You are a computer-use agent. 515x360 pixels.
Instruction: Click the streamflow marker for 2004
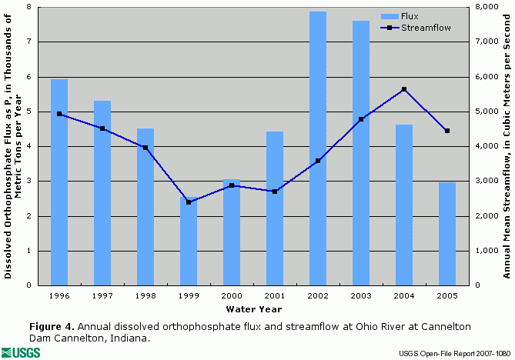(x=404, y=89)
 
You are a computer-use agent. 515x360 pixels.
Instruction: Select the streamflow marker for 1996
(x=59, y=114)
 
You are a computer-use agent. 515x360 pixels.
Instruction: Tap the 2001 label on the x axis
(x=275, y=295)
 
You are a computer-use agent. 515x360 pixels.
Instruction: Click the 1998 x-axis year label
(x=145, y=295)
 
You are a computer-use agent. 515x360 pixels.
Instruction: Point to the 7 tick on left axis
(x=28, y=42)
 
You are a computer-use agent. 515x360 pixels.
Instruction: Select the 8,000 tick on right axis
(x=483, y=7)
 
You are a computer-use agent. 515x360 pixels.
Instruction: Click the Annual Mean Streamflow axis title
(x=507, y=146)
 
